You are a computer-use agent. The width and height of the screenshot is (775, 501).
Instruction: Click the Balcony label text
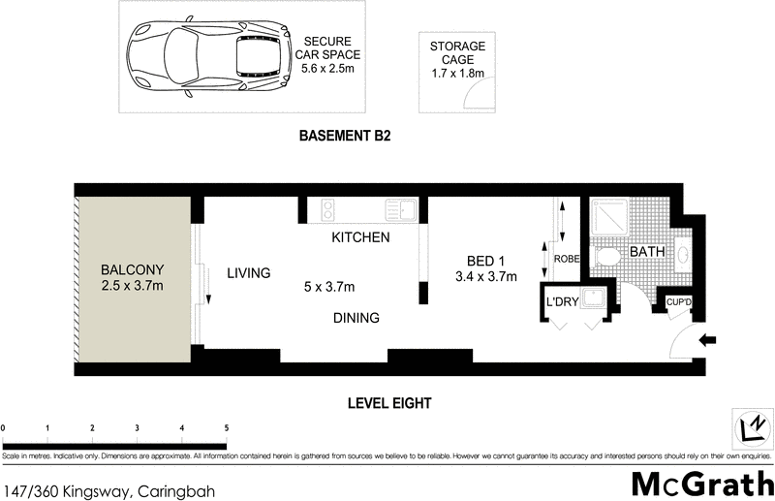133,269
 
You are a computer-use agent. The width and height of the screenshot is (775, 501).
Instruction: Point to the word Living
248,273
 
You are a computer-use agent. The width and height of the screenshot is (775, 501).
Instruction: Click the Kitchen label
360,237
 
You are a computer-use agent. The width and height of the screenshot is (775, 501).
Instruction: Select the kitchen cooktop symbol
327,208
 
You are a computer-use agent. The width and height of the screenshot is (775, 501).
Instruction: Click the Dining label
356,318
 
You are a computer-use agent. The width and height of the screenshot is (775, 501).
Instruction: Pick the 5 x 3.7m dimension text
329,287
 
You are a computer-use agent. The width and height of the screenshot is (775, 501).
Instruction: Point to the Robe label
566,259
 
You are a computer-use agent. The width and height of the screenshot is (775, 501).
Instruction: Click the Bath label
647,252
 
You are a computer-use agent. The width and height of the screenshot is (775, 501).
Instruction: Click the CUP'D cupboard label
680,303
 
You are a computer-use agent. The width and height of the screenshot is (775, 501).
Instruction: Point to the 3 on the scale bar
137,426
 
